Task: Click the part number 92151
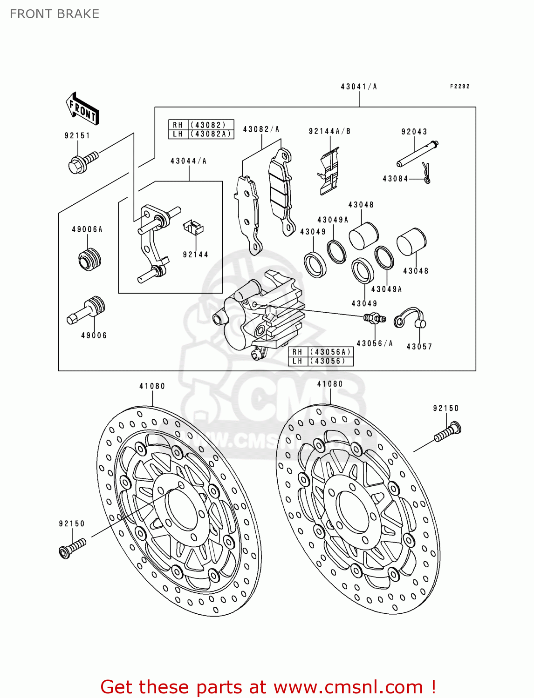77,135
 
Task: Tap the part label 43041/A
358,87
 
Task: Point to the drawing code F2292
459,87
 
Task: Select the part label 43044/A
188,161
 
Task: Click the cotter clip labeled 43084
426,173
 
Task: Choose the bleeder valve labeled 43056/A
374,318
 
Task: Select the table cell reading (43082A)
210,134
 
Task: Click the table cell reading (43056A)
330,352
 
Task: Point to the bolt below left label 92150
72,548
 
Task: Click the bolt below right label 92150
447,432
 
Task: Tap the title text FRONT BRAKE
55,14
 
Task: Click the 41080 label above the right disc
330,384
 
